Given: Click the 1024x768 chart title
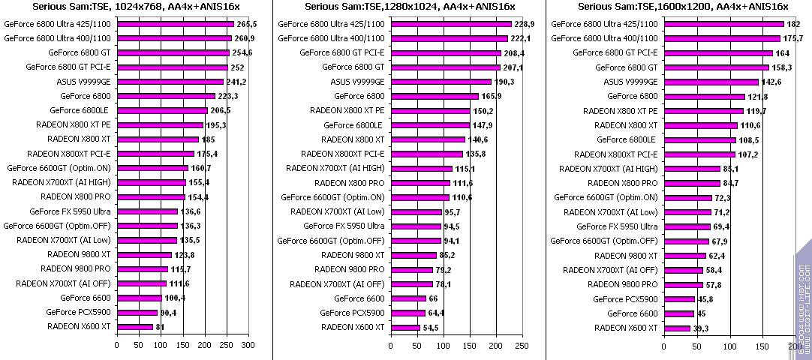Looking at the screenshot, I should point(136,7).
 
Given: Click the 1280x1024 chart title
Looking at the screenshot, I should point(410,7).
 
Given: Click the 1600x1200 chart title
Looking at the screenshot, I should point(683,7).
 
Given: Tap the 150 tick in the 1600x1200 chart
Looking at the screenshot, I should point(762,345).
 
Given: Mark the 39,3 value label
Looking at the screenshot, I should point(702,328).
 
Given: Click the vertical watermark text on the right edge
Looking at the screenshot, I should point(802,307).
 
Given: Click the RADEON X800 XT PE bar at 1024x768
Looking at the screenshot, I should point(159,125).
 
